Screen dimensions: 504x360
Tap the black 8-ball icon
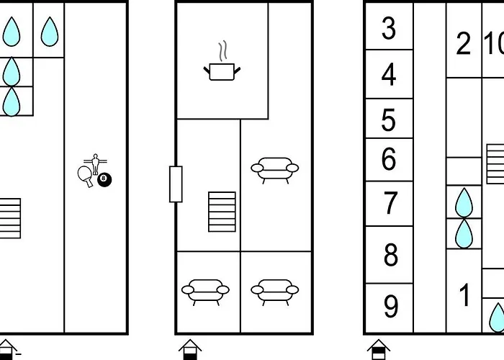point(104,180)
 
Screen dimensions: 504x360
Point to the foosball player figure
point(95,164)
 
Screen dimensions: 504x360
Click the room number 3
point(389,28)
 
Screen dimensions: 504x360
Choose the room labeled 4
point(389,74)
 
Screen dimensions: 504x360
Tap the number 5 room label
point(389,120)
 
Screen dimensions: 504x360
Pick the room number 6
point(389,158)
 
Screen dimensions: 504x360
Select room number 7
point(390,203)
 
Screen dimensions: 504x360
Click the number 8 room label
point(391,255)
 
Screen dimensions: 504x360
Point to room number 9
point(391,306)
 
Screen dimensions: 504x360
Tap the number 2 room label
point(463,43)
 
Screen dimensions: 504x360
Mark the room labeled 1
point(464,294)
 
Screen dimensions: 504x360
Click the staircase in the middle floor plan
point(222,212)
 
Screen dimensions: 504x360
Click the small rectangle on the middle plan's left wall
point(176,184)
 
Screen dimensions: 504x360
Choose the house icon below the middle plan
point(190,349)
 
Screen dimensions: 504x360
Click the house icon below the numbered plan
point(379,349)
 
